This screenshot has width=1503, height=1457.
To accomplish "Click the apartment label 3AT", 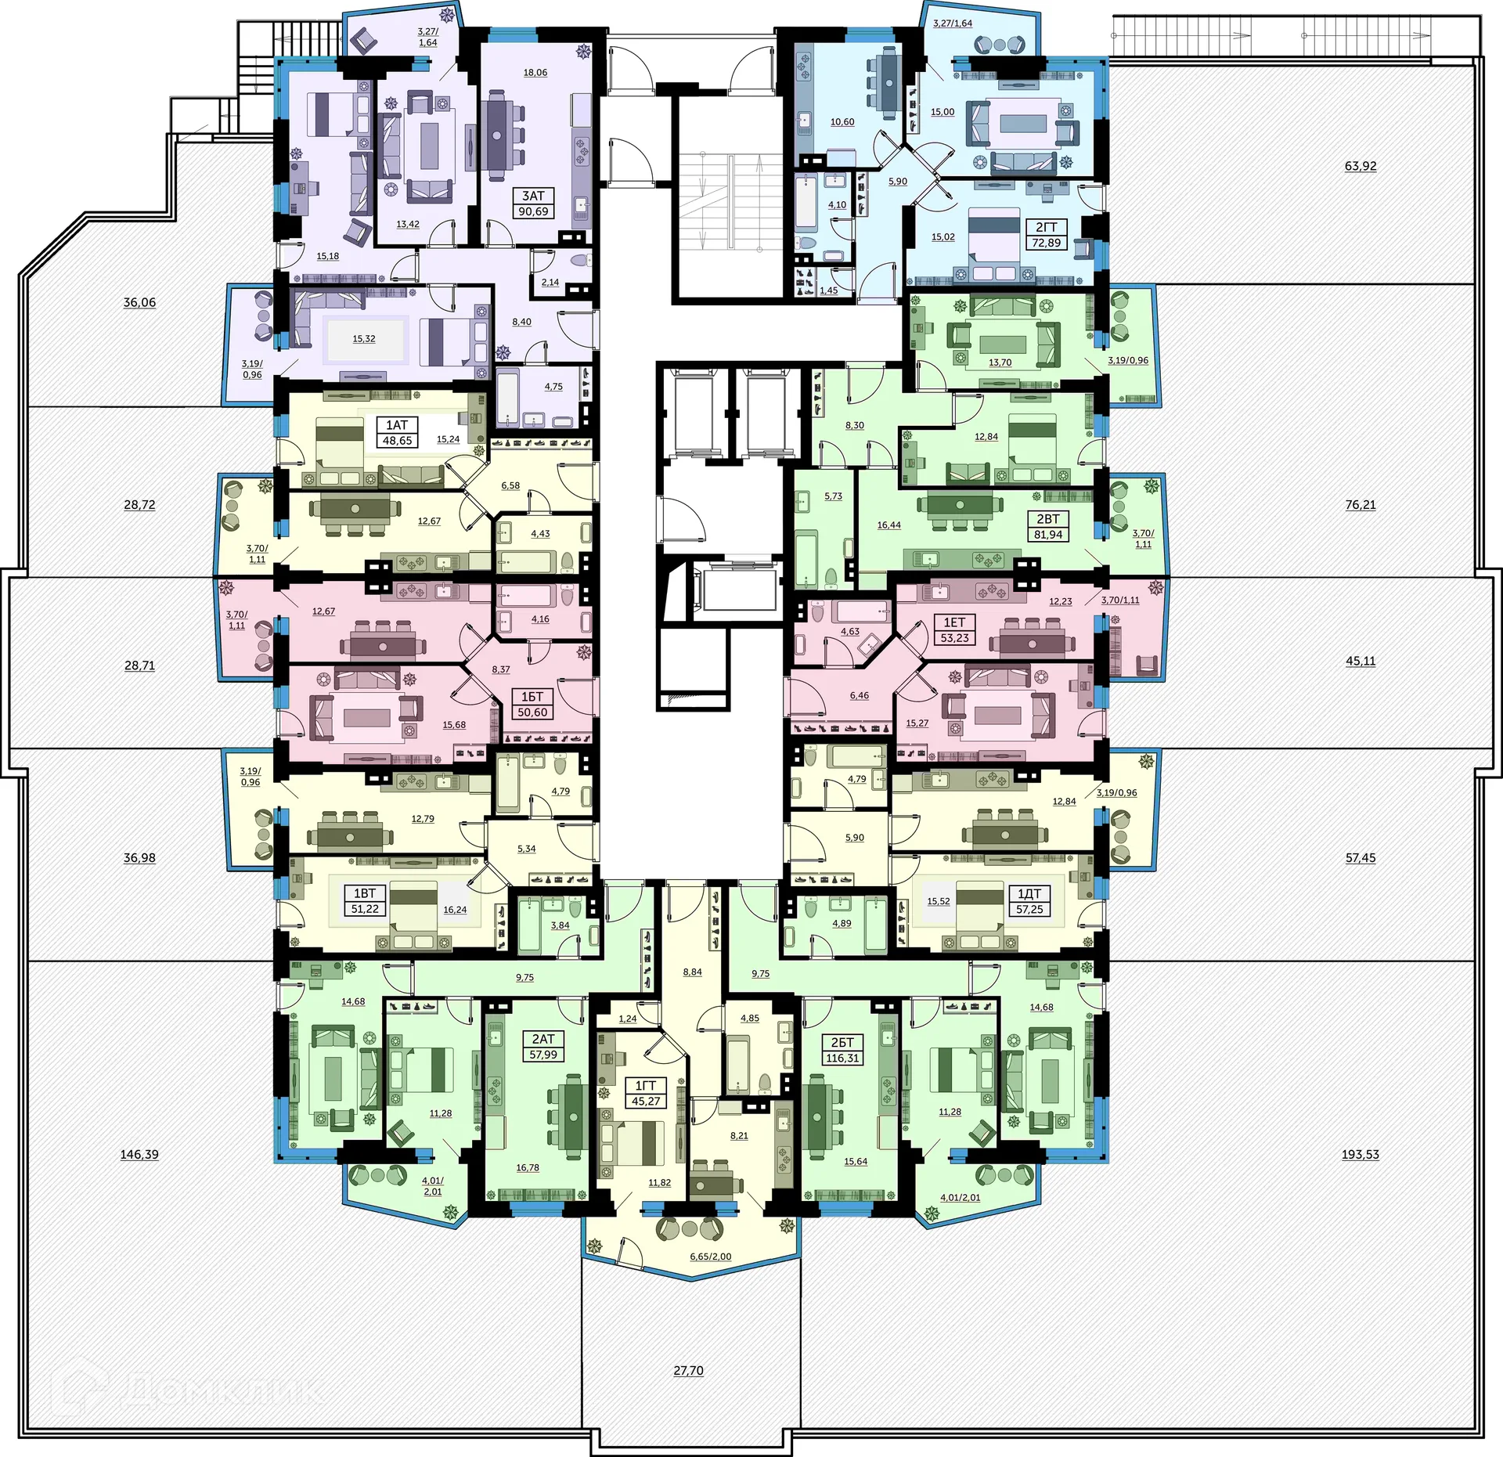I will coord(533,196).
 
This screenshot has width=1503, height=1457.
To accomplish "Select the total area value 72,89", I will coord(1046,243).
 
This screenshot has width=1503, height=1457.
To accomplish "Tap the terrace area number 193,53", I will coord(1360,1154).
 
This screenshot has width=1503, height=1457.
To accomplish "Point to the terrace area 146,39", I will coord(139,1154).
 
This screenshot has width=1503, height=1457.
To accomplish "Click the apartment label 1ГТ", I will coord(645,1085).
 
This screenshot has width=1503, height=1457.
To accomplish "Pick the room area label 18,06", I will coord(535,73).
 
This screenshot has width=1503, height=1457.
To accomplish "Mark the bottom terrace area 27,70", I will coord(688,1370).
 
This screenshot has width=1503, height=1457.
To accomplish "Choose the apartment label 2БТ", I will coord(842,1042).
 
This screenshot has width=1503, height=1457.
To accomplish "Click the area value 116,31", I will coord(842,1058).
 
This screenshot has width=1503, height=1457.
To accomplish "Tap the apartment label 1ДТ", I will coord(1029,893).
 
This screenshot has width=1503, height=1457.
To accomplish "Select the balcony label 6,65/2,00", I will coord(710,1257).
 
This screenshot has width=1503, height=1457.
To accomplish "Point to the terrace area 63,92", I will coord(1360,166).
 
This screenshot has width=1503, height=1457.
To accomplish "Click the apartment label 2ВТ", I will coord(1048,519).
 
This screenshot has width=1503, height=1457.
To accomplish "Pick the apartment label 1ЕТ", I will coord(954,622).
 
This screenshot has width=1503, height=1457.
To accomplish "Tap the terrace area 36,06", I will coord(139,302).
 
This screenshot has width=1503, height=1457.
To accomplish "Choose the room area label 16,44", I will coord(888,525).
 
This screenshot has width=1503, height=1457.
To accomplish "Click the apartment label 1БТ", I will coord(532,697).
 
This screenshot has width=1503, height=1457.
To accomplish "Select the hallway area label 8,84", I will coord(692,972).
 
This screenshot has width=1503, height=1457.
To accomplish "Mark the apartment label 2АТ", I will coord(543,1039).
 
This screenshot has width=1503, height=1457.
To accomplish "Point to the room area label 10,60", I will coord(842,122).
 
